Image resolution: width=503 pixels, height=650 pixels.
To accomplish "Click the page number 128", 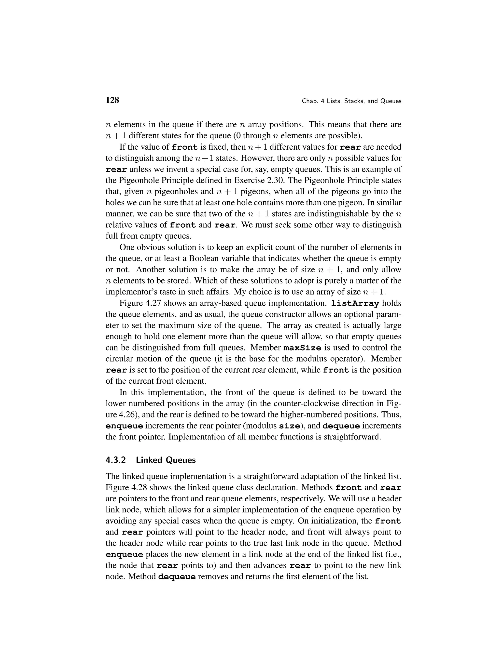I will click(x=112, y=100).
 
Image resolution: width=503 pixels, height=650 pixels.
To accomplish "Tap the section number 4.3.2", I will click(x=116, y=460).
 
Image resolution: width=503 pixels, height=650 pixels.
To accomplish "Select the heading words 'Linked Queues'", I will click(x=166, y=460).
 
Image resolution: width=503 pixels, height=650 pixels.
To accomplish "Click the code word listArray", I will click(x=355, y=304).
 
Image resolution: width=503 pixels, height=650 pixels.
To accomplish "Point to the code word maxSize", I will click(x=302, y=348).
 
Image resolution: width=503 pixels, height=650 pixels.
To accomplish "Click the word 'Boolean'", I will click(x=204, y=258).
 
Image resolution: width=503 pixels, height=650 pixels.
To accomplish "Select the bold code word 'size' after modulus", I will click(x=289, y=426).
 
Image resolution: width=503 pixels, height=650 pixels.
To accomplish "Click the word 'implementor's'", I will click(x=134, y=292).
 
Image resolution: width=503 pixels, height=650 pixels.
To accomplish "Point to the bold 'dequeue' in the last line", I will click(x=177, y=577).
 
